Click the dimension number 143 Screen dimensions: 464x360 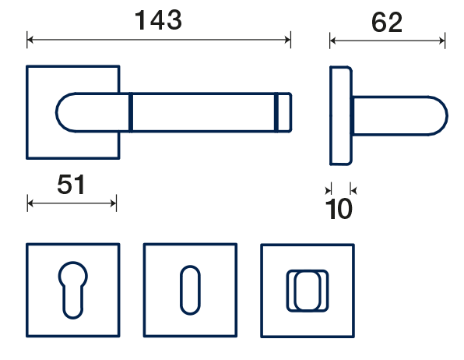click(x=158, y=20)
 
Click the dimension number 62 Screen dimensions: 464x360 click(x=387, y=23)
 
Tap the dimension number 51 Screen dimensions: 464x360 click(x=72, y=185)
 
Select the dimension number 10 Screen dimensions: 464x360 click(x=339, y=209)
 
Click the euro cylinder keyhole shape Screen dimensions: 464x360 click(x=73, y=290)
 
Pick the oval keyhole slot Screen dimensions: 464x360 click(x=190, y=290)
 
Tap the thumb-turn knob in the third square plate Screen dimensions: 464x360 click(x=308, y=291)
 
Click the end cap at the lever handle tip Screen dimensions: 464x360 click(x=285, y=112)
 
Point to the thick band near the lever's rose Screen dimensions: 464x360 click(x=131, y=112)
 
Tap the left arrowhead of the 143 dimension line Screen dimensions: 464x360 click(x=30, y=40)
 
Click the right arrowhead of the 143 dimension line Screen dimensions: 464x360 click(x=287, y=40)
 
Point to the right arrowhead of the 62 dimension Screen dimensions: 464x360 click(x=441, y=41)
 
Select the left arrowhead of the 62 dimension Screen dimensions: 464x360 click(x=333, y=41)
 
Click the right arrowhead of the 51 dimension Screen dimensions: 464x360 click(x=114, y=203)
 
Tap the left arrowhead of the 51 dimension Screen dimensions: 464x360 click(x=30, y=203)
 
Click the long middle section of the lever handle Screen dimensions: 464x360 click(x=204, y=112)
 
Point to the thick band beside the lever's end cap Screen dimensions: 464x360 click(x=276, y=112)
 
